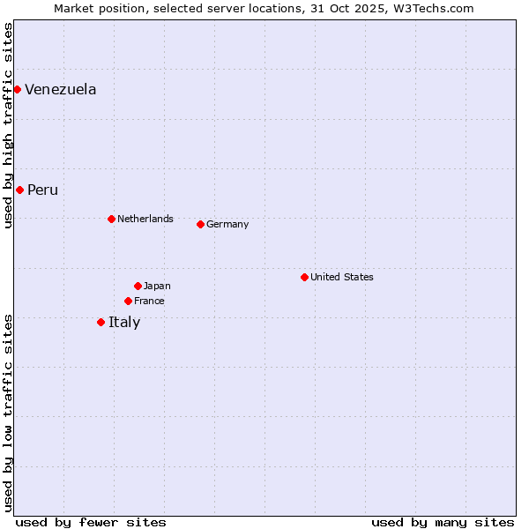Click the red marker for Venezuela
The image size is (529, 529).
point(17,89)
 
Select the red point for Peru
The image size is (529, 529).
point(19,190)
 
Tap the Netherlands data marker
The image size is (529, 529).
point(111,219)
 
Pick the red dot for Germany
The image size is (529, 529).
point(200,224)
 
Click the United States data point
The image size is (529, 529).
point(304,277)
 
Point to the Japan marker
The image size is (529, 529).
point(138,286)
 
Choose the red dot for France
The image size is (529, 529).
point(128,301)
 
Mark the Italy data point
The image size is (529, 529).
point(101,322)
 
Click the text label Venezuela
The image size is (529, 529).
point(61,89)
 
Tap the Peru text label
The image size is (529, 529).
point(42,190)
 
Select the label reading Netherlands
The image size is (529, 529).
point(145,219)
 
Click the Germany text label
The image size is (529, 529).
point(227,224)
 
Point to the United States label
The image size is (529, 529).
point(342,277)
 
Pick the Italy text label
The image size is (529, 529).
point(124,322)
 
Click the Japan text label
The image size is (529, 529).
point(157,286)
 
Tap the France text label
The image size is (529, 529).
point(149,301)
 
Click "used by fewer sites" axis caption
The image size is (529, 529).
point(91,522)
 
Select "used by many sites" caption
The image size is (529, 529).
point(443,522)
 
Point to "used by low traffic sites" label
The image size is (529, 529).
point(8,413)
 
